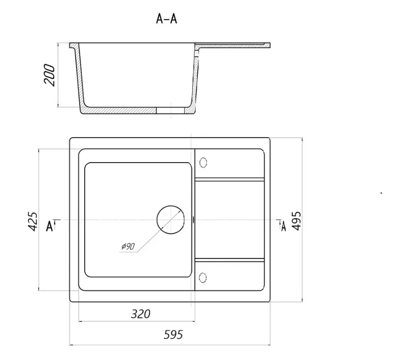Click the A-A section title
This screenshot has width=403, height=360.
tap(167, 19)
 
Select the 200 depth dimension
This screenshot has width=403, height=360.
tap(50, 75)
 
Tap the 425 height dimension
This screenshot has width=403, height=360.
tap(32, 221)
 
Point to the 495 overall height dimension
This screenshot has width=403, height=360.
tap(296, 221)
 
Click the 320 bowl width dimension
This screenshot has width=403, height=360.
tap(141, 314)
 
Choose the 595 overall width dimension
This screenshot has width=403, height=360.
tap(173, 335)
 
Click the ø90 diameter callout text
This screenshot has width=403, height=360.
tap(128, 246)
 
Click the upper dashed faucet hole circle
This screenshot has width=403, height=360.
tap(203, 163)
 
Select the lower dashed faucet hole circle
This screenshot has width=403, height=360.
tap(203, 278)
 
